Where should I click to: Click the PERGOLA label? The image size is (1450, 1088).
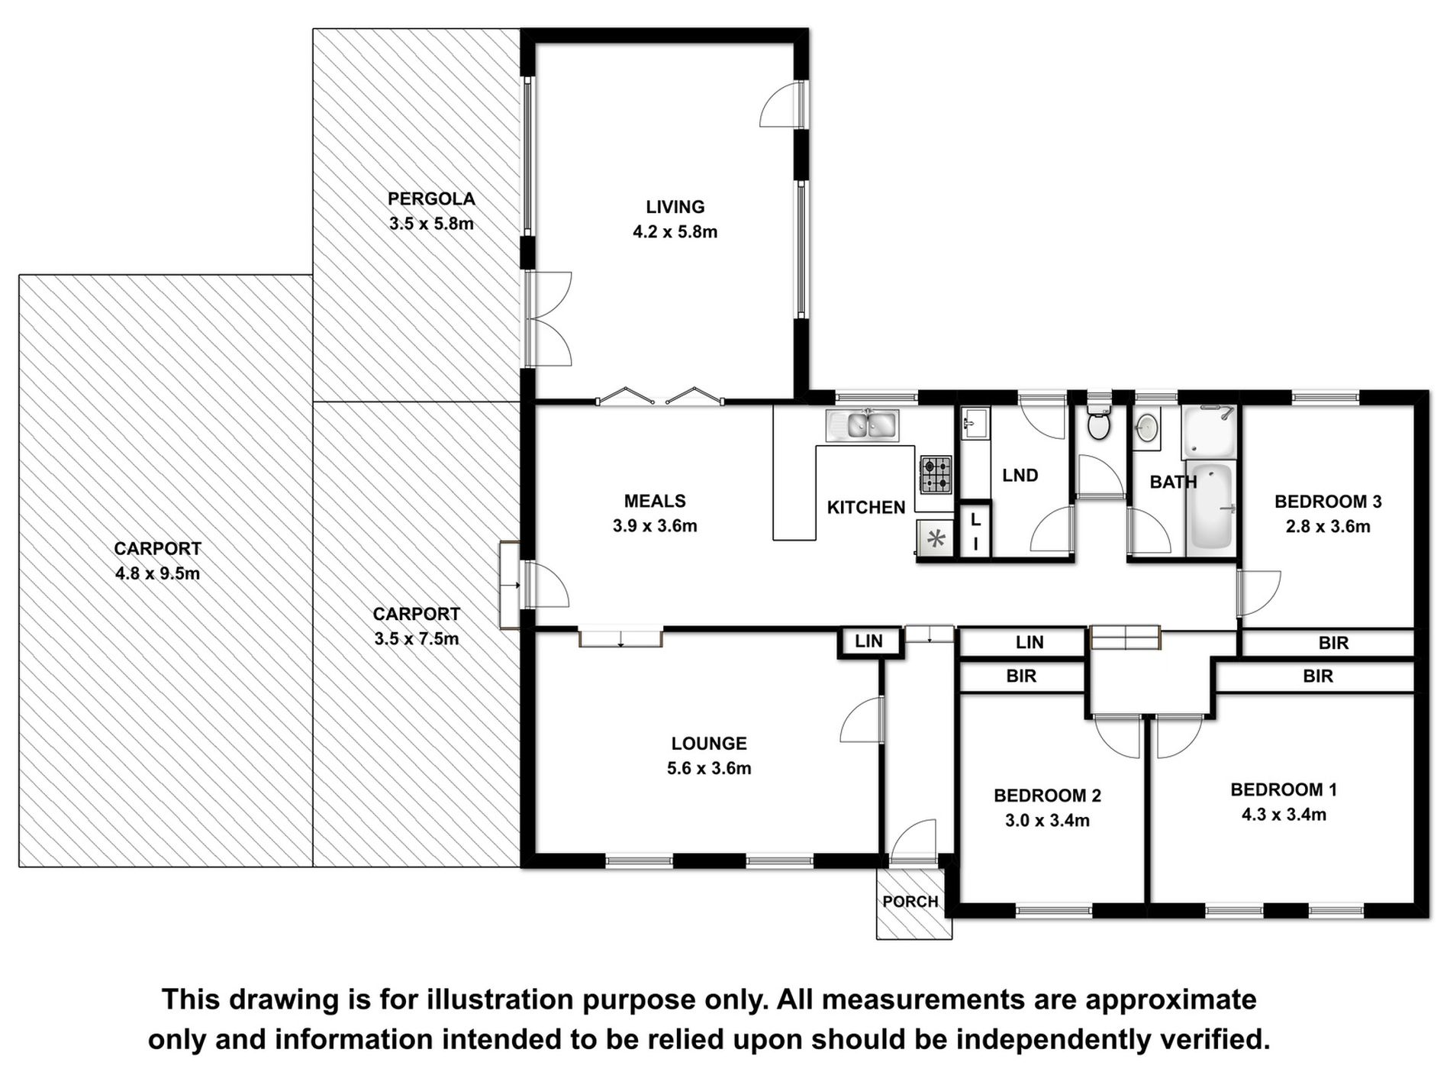431,199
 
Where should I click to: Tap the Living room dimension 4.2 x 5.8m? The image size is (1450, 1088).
675,232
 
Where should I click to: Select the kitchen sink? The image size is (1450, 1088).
862,425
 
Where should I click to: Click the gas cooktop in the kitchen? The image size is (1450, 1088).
936,474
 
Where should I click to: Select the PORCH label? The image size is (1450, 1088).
910,902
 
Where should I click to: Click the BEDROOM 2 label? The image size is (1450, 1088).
1047,796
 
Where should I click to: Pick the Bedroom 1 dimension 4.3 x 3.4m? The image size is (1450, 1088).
1284,815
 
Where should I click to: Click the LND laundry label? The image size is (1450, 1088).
1020,476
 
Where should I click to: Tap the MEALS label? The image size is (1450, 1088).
655,501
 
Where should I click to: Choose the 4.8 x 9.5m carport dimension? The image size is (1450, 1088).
158,573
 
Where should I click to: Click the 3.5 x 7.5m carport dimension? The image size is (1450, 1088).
417,639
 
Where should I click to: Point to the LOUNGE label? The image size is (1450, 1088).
709,743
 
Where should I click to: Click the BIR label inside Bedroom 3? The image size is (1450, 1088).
1333,643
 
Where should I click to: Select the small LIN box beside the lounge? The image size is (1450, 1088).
868,641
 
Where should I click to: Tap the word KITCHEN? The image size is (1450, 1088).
866,507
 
